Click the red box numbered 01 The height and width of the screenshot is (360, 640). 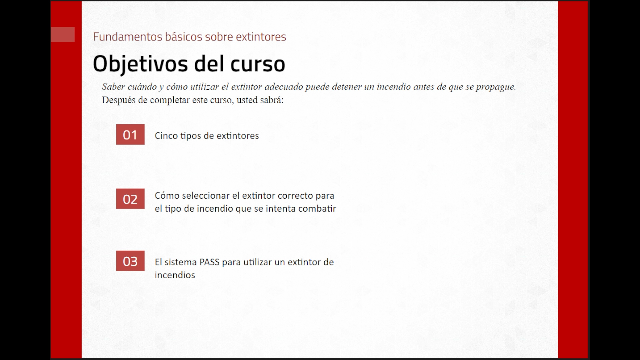130,134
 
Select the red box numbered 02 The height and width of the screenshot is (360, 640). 130,199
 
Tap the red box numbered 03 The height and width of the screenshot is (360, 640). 130,261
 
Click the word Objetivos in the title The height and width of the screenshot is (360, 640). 140,64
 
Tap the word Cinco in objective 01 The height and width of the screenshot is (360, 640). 166,136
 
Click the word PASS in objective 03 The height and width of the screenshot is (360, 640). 209,262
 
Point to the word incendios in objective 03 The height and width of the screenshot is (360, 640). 175,275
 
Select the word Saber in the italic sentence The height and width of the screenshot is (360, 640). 113,87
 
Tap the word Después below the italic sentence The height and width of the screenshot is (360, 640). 119,100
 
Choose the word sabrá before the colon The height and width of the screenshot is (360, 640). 272,100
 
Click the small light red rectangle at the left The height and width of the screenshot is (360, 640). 63,35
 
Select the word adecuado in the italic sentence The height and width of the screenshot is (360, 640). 284,87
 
